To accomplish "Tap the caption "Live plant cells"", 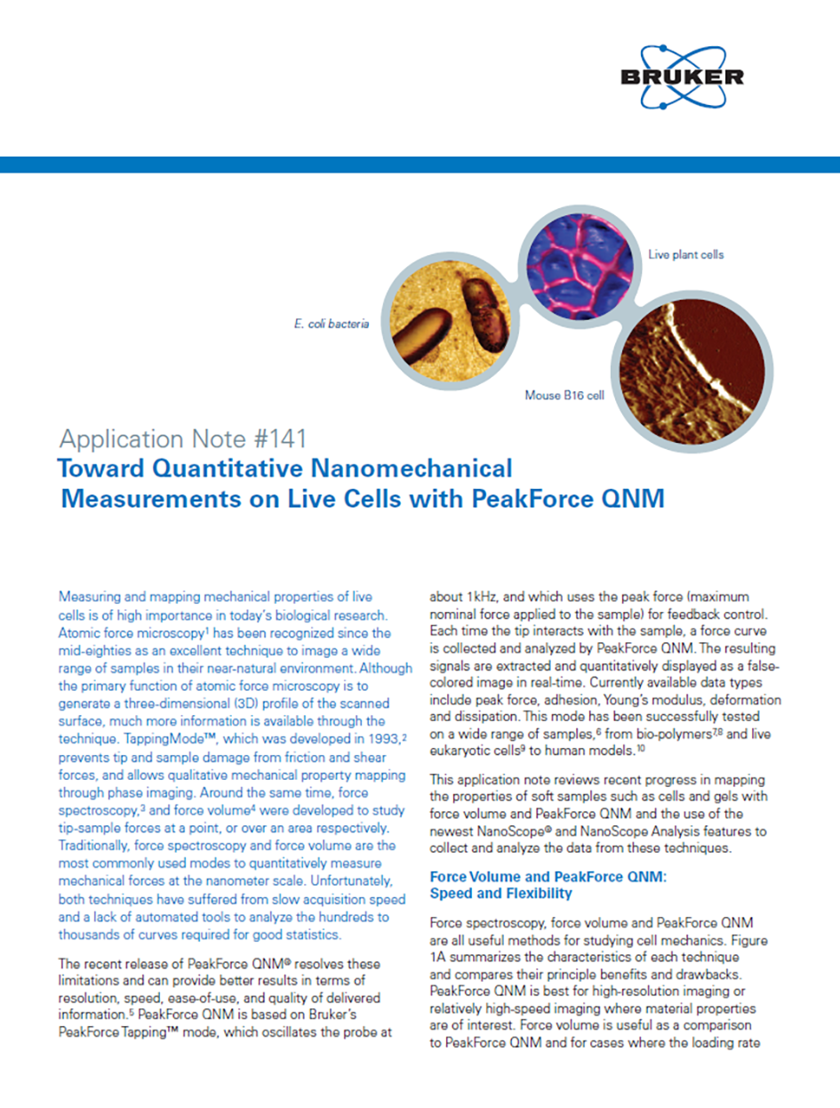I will (x=685, y=254).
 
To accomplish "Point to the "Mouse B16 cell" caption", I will (x=565, y=394).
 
